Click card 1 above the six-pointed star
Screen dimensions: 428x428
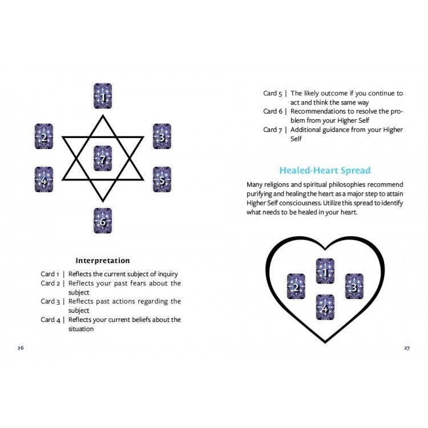tap(103, 96)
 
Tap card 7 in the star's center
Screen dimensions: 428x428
tap(103, 158)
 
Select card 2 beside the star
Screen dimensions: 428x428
tap(44, 136)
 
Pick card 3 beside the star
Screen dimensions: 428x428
tap(162, 136)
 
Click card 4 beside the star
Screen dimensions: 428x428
tap(44, 179)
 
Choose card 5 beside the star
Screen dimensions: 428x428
tap(162, 179)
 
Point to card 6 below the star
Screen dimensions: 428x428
tap(103, 220)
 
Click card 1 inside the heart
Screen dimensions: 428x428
tap(325, 271)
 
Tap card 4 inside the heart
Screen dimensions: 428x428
tap(325, 307)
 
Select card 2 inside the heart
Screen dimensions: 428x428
tap(296, 286)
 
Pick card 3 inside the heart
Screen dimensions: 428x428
tap(354, 286)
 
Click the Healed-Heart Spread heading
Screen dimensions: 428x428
tap(325, 170)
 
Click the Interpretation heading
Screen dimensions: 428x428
tap(103, 260)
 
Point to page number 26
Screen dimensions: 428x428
tap(21, 348)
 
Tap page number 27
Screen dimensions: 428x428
tap(407, 348)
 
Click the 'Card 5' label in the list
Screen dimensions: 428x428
tap(272, 94)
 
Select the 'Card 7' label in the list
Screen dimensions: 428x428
tap(272, 130)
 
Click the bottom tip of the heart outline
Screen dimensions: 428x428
tap(325, 342)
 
